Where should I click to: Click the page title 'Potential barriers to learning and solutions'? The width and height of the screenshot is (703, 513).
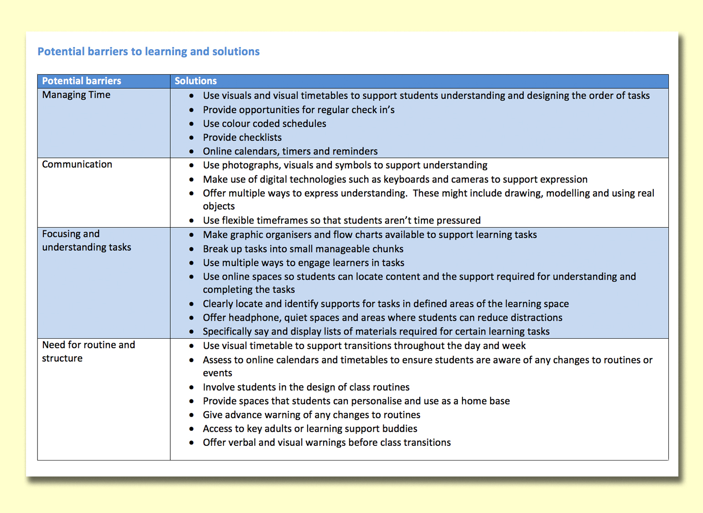pyautogui.click(x=148, y=52)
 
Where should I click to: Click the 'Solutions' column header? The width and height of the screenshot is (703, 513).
pyautogui.click(x=195, y=81)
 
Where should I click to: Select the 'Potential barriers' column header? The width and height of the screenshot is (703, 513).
pyautogui.click(x=81, y=81)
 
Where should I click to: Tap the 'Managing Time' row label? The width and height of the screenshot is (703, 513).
pyautogui.click(x=76, y=95)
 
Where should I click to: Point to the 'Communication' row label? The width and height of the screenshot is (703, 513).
pyautogui.click(x=77, y=164)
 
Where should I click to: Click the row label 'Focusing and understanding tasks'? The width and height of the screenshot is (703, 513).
pyautogui.click(x=86, y=241)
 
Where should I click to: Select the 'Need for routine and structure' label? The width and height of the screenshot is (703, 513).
pyautogui.click(x=88, y=351)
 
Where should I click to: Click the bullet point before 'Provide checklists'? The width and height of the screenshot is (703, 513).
pyautogui.click(x=191, y=137)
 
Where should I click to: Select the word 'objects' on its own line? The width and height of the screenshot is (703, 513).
pyautogui.click(x=219, y=206)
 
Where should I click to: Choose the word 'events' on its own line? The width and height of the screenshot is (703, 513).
pyautogui.click(x=217, y=373)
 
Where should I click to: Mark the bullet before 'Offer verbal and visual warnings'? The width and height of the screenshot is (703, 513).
pyautogui.click(x=191, y=443)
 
